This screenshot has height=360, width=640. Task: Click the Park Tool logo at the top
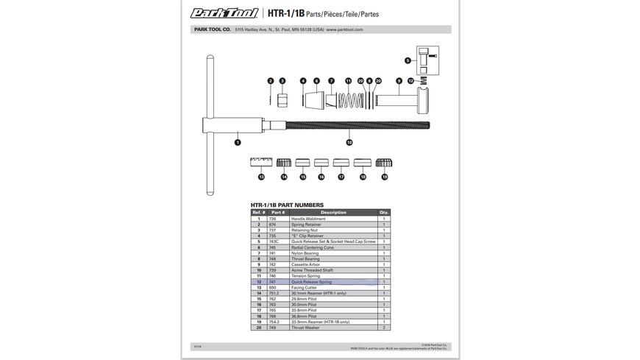tap(223, 13)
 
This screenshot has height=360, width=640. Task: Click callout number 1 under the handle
tap(238, 141)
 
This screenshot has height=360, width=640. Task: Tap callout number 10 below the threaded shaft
tap(349, 141)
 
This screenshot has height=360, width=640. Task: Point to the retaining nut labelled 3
tap(282, 99)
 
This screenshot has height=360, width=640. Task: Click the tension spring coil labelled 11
tap(349, 99)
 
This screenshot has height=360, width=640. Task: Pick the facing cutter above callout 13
tap(261, 163)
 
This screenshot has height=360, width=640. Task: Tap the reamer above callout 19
tap(384, 163)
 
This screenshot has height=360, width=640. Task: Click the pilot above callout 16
tap(321, 163)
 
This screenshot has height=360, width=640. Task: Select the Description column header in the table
tap(333, 213)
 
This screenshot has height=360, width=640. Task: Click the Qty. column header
tap(383, 213)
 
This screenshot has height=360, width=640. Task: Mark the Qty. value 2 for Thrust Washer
tap(383, 328)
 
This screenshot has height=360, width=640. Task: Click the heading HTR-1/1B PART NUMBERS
tap(287, 205)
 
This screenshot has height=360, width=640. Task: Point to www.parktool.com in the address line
tap(345, 30)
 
